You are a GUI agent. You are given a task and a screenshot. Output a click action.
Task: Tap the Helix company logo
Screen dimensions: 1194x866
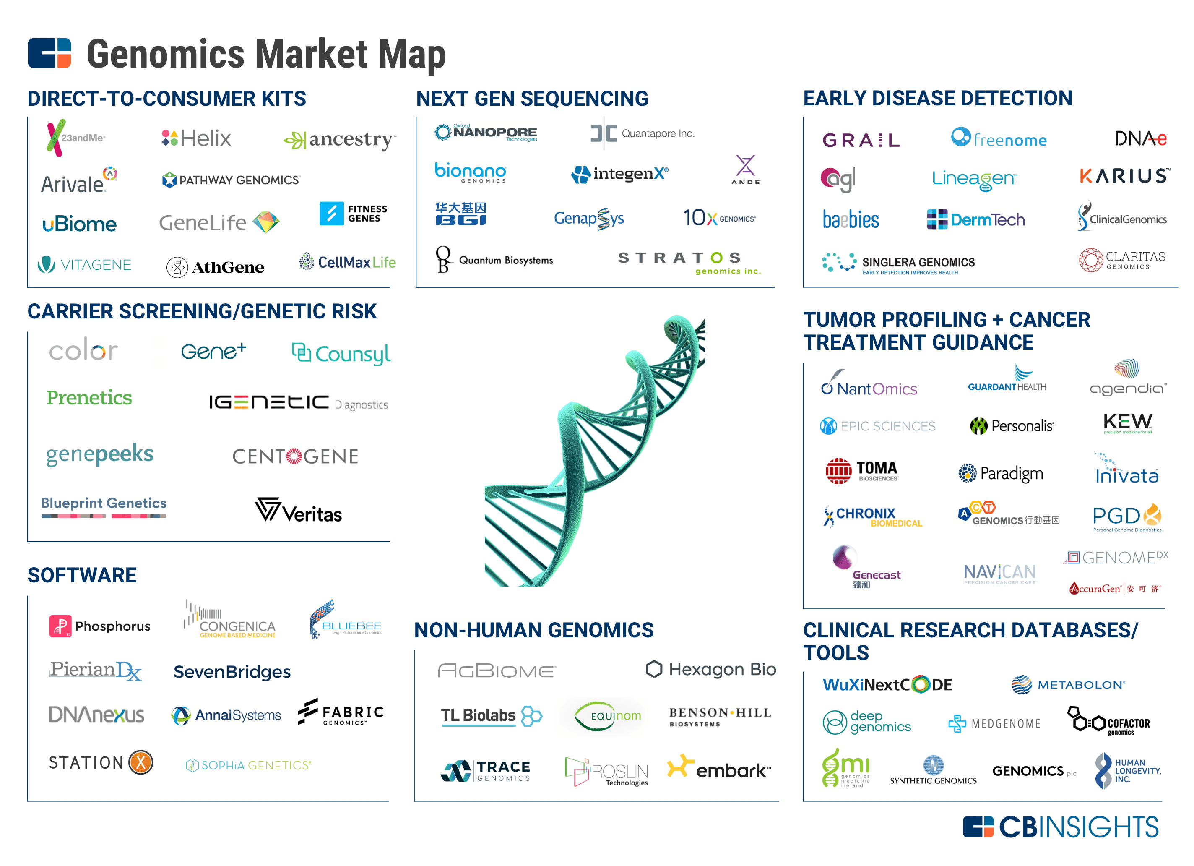[196, 138]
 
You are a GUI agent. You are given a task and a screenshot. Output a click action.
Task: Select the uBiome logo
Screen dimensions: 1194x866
[80, 224]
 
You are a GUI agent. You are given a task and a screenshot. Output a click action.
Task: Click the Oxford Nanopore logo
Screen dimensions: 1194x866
[485, 133]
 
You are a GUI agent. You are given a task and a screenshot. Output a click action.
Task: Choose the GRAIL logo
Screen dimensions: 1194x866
[861, 140]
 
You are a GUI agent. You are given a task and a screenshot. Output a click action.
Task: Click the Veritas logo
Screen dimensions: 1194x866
[299, 511]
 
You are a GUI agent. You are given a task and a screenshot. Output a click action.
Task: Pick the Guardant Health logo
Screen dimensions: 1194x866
[1007, 380]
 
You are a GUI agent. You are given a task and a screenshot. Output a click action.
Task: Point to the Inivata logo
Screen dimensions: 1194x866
[1126, 470]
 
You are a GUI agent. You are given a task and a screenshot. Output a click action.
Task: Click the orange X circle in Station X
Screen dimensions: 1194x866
[141, 762]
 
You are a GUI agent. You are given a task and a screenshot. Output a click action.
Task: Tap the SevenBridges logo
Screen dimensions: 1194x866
[232, 672]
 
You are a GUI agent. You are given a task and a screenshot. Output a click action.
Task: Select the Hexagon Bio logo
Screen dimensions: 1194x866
[711, 670]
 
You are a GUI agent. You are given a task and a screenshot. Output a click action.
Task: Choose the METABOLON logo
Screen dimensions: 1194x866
[1068, 685]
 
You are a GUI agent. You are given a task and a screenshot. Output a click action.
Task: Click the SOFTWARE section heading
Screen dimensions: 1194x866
[82, 575]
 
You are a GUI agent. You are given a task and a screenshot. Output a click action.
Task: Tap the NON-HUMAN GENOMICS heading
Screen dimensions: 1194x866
[534, 630]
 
